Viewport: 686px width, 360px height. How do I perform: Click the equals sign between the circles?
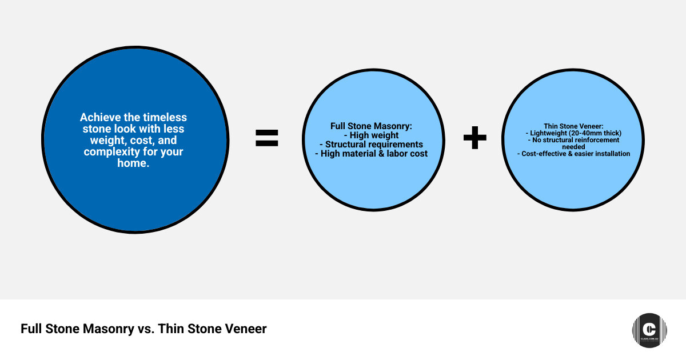[266, 138]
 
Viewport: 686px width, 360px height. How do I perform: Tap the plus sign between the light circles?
[474, 138]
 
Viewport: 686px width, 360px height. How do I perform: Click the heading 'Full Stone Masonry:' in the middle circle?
[371, 126]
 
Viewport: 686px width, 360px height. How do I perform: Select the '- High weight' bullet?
[371, 135]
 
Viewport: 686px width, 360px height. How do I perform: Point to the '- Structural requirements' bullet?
[371, 145]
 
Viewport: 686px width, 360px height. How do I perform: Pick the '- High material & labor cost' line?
[371, 154]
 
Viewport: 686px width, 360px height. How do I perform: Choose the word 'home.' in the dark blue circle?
[133, 163]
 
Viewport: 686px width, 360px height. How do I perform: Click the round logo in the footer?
[649, 330]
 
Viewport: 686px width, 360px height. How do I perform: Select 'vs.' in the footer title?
[146, 329]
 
